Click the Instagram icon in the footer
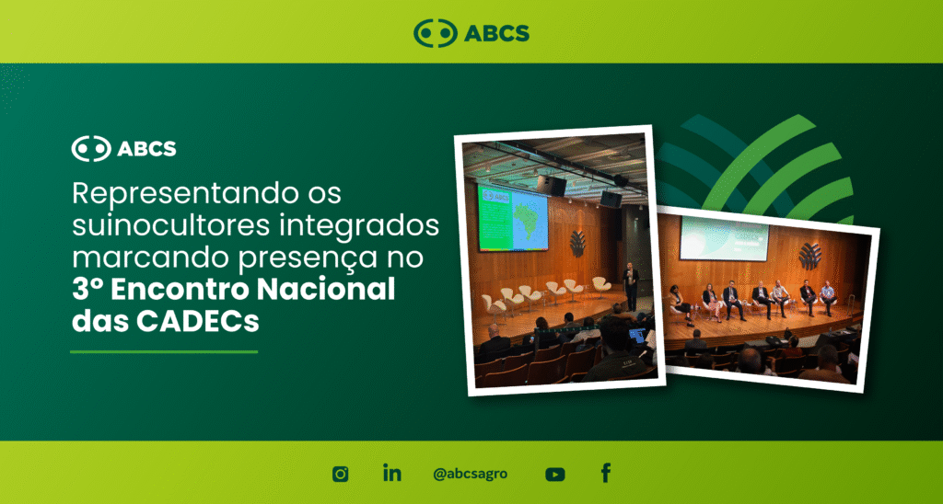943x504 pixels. [x=341, y=474]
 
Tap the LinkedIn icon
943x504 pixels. [x=392, y=473]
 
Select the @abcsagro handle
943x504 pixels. [x=471, y=474]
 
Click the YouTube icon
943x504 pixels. [x=555, y=475]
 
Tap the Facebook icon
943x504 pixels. [x=606, y=474]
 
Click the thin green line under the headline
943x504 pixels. [x=164, y=352]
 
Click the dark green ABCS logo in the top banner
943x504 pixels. [x=471, y=32]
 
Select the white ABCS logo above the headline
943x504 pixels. [x=124, y=148]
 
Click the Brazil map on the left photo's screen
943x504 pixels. [x=529, y=220]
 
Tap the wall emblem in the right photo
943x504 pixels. [x=809, y=256]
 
